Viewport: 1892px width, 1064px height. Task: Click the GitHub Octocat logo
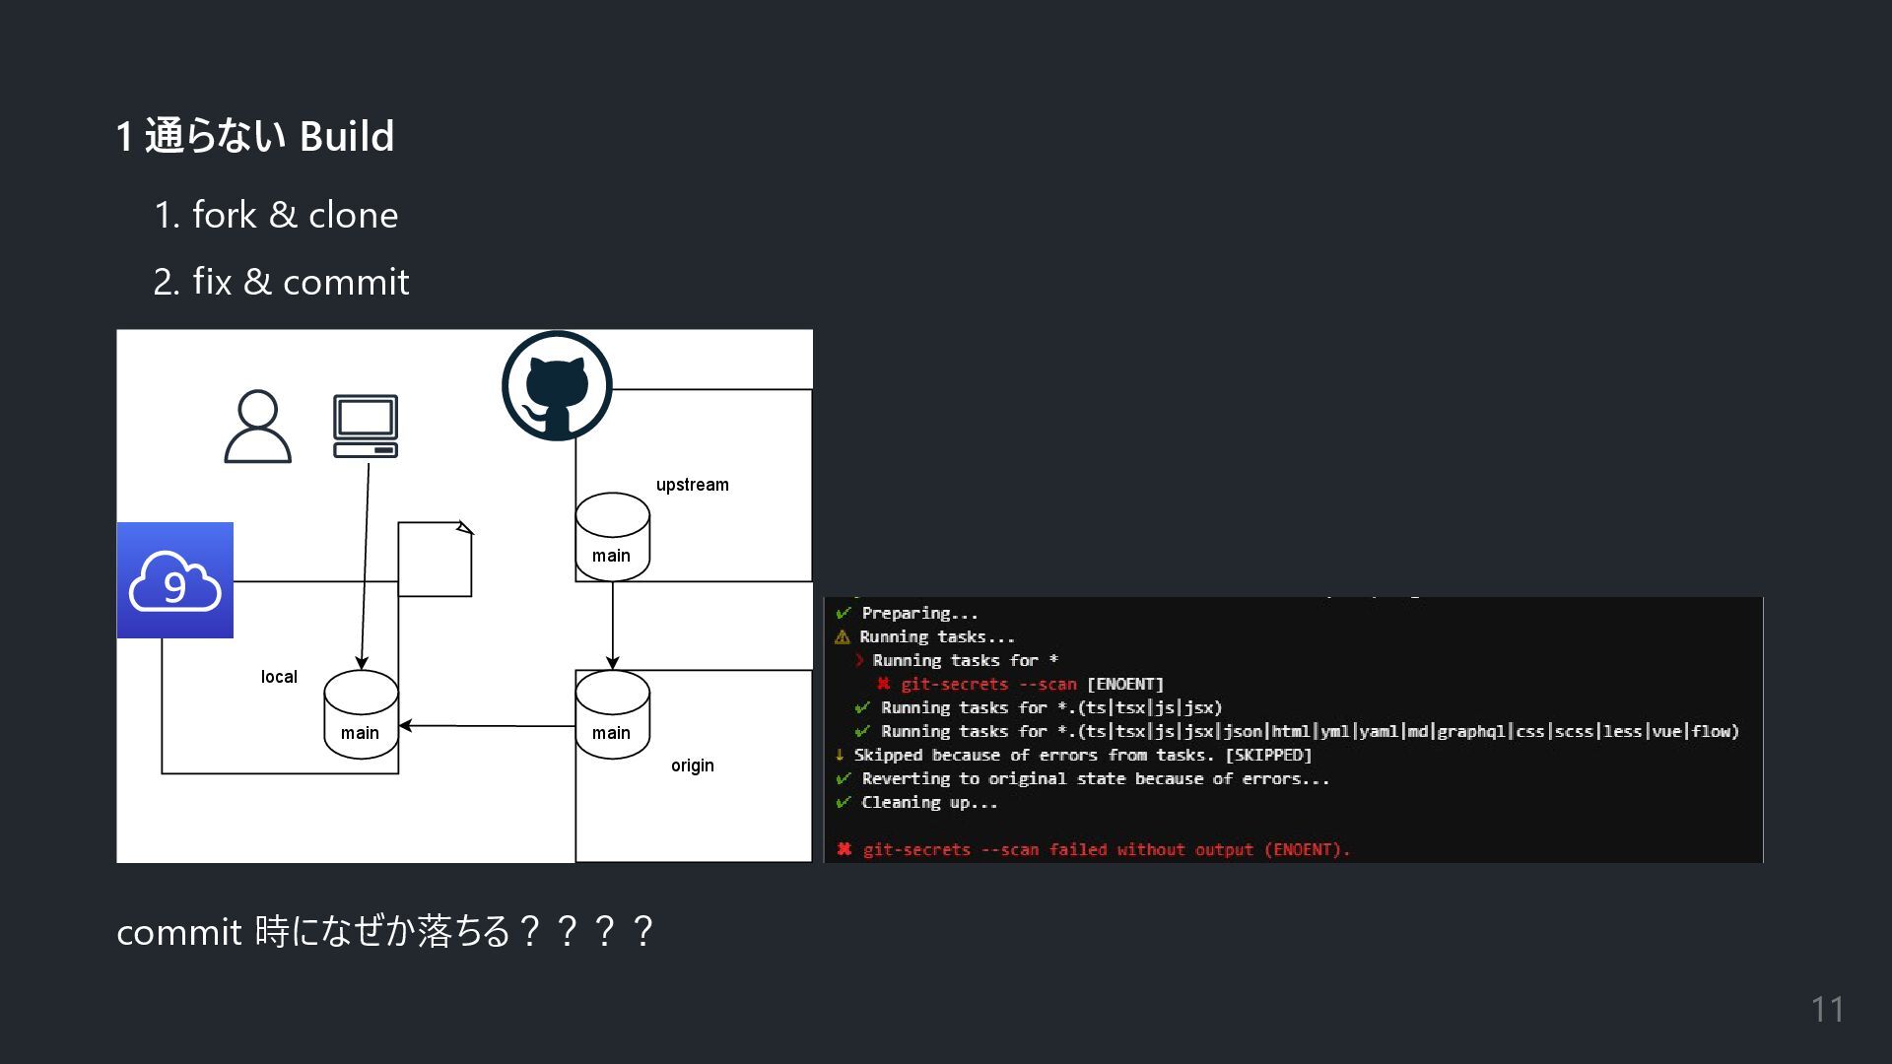557,386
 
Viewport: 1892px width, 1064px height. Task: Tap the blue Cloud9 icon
175,580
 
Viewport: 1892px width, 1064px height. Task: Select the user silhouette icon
258,427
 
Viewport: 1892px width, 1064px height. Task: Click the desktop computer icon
366,427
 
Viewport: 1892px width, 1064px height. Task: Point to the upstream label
693,485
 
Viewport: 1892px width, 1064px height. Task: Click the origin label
693,765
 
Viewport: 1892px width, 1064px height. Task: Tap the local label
279,677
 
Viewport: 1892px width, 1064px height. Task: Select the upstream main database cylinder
612,537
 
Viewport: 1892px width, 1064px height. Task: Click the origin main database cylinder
612,714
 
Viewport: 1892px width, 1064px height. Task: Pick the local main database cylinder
361,714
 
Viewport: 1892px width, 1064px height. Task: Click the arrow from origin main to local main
487,726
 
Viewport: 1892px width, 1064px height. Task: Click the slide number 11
1828,1010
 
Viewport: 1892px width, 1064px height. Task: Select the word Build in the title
347,136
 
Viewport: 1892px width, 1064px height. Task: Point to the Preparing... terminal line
918,613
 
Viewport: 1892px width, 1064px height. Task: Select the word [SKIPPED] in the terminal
1268,755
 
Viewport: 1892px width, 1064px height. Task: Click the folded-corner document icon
435,559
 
